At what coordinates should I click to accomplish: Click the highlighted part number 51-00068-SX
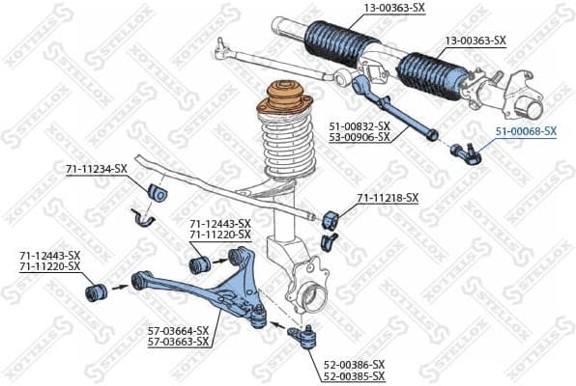[x=526, y=130]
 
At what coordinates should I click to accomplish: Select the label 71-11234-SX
[x=96, y=169]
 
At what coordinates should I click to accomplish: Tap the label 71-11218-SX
[x=388, y=198]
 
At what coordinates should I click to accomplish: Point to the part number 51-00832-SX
[x=359, y=125]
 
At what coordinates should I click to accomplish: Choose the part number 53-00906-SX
[x=359, y=137]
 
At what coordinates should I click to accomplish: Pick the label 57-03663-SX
[x=178, y=342]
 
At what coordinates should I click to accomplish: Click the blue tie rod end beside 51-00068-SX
[x=466, y=150]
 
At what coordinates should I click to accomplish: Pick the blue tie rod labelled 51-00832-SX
[x=396, y=111]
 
